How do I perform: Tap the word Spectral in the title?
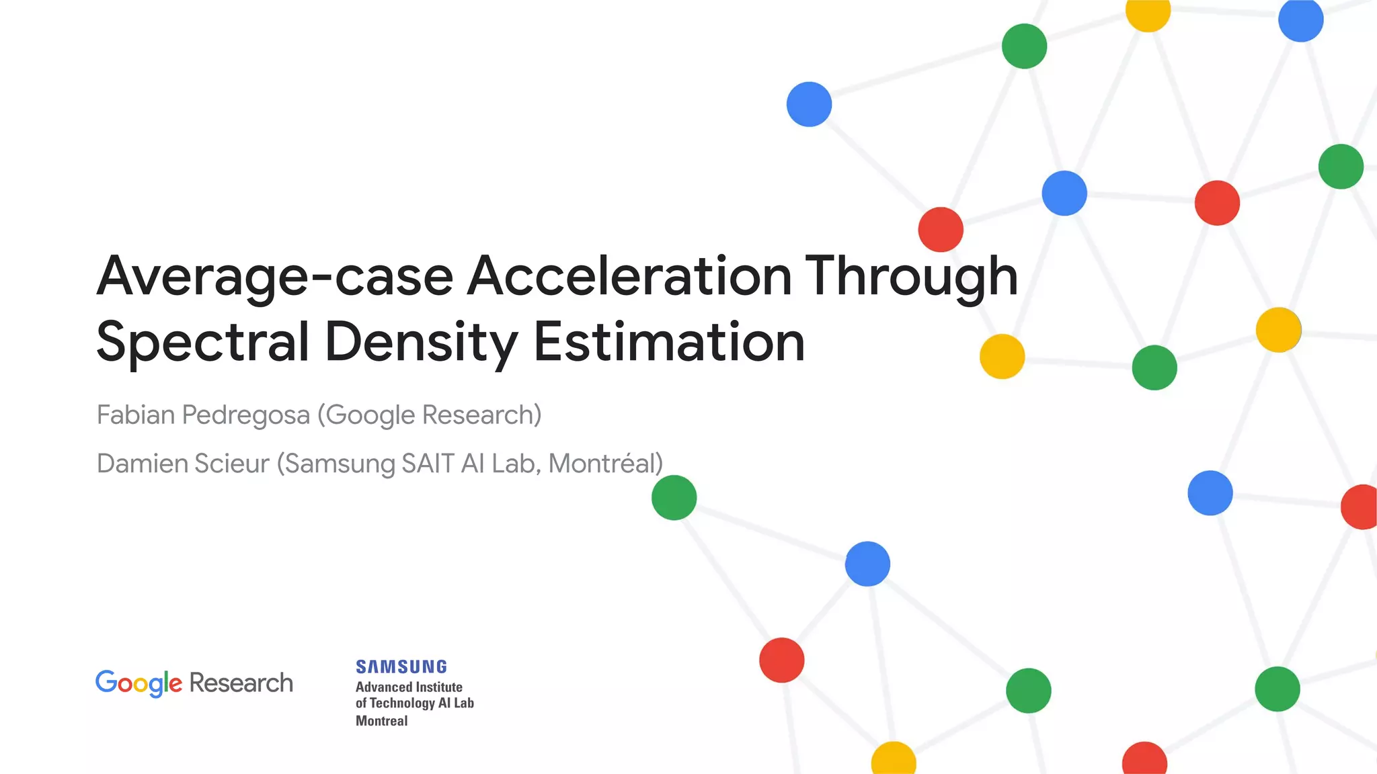click(x=202, y=342)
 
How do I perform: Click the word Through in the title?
click(x=911, y=276)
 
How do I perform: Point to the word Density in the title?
click(x=421, y=342)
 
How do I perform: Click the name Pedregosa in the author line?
click(x=246, y=415)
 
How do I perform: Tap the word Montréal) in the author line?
click(x=606, y=464)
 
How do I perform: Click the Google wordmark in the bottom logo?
click(x=139, y=683)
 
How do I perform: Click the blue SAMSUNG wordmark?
click(x=401, y=666)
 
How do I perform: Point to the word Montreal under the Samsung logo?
click(x=381, y=721)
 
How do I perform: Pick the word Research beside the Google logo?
click(x=241, y=683)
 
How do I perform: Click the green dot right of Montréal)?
click(x=674, y=498)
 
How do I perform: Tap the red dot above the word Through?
click(x=941, y=230)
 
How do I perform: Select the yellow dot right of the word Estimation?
click(x=1002, y=357)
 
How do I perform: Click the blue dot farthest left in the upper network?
click(x=809, y=104)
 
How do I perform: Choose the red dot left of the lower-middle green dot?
click(x=781, y=660)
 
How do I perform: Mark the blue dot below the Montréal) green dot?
click(x=867, y=564)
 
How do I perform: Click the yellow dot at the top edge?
click(x=1148, y=12)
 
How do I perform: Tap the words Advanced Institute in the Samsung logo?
click(x=409, y=687)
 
